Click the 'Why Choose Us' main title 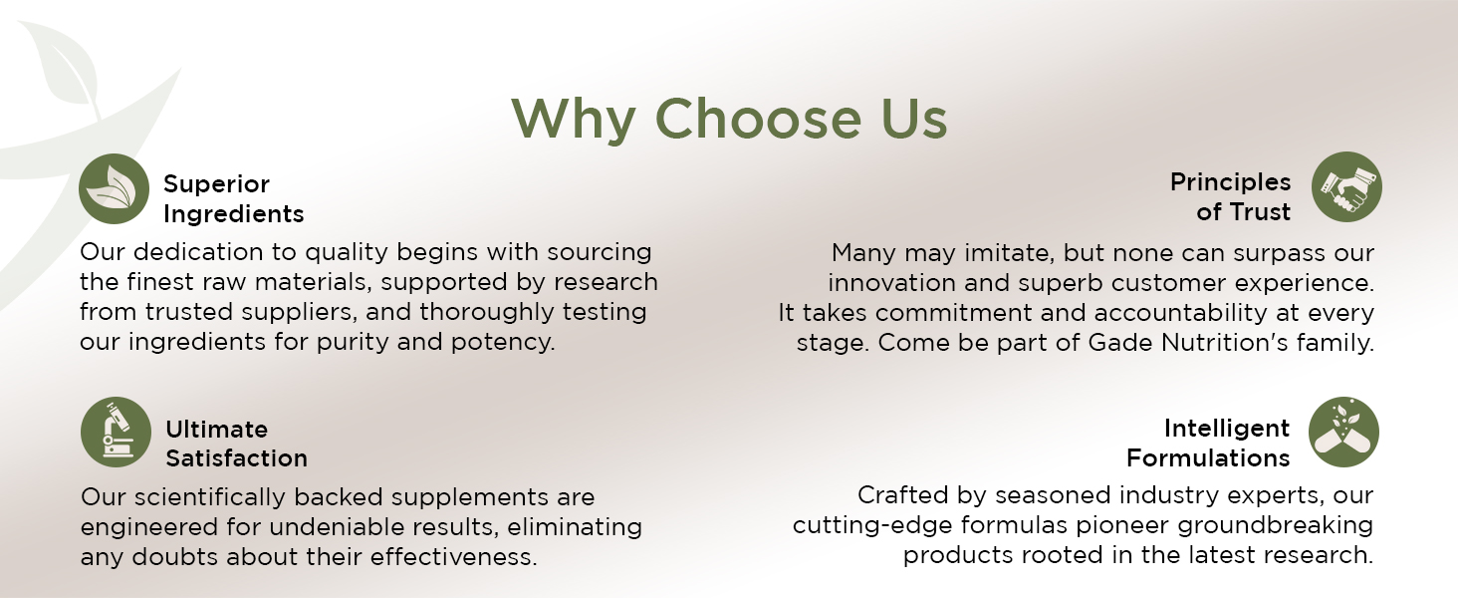(x=729, y=120)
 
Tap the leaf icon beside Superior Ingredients (x=115, y=189)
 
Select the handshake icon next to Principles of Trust (x=1346, y=187)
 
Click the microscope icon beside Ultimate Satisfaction (x=116, y=433)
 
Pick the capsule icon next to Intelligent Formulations (x=1343, y=433)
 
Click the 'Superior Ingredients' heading (x=233, y=199)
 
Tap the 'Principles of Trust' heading (x=1231, y=197)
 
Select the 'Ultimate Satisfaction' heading (x=236, y=444)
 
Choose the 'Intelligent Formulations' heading (x=1208, y=444)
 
